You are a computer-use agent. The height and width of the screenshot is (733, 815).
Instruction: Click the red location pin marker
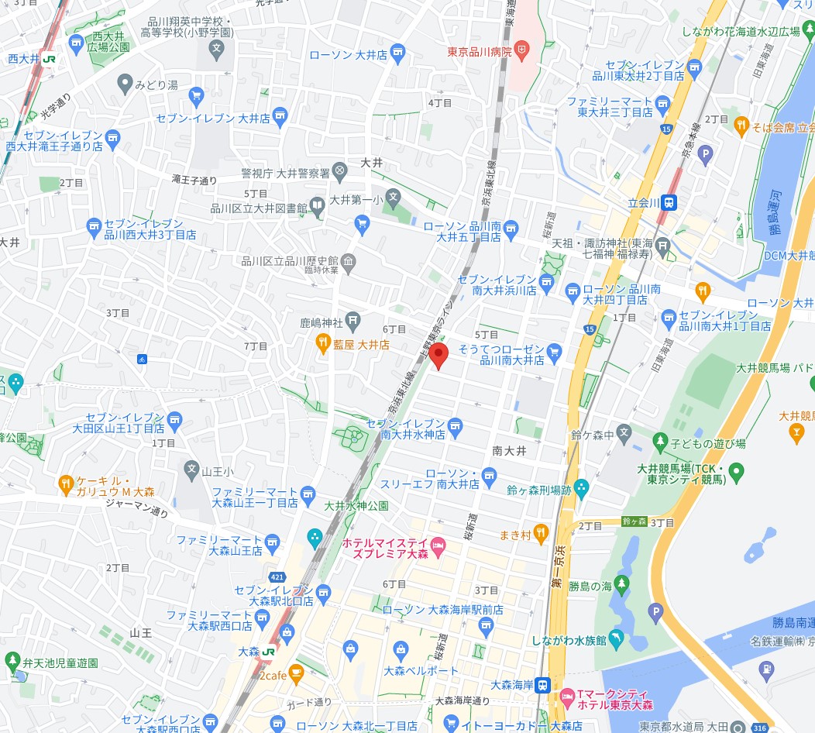point(439,356)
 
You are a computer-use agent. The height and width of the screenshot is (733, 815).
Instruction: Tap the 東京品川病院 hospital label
point(480,53)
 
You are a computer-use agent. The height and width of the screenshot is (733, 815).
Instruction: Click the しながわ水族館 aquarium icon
point(616,638)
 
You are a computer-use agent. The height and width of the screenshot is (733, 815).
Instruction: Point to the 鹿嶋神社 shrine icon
point(353,319)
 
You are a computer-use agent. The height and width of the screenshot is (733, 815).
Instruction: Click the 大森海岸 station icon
point(544,685)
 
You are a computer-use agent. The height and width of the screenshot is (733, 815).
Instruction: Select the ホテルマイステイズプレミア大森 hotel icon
point(437,549)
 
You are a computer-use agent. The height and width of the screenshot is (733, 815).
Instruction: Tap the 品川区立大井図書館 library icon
point(318,206)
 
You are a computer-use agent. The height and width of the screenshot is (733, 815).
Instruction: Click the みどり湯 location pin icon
point(124,83)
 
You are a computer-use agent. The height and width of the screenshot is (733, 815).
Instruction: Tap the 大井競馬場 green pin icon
point(736,470)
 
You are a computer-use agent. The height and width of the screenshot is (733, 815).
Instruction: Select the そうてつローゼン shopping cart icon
point(554,353)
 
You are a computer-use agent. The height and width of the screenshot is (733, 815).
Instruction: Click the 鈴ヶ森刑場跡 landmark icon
point(581,489)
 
